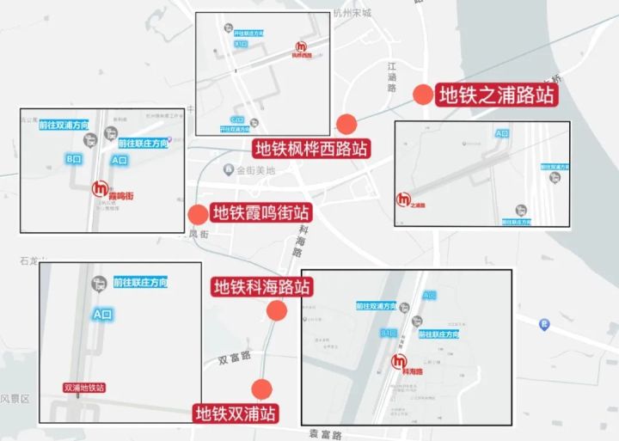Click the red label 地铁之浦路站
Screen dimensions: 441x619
point(498,94)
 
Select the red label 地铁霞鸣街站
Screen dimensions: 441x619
point(261,212)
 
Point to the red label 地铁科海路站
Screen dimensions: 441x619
point(261,286)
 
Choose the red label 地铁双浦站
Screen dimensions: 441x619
point(236,413)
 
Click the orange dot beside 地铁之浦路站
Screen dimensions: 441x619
point(422,95)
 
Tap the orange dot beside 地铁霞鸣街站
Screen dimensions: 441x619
point(198,215)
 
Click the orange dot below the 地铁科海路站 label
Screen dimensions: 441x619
point(277,312)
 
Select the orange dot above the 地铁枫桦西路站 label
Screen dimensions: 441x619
point(346,123)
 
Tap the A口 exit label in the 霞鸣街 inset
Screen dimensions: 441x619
point(120,160)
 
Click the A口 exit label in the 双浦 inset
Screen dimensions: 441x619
point(102,315)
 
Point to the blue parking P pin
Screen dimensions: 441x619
point(543,324)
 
